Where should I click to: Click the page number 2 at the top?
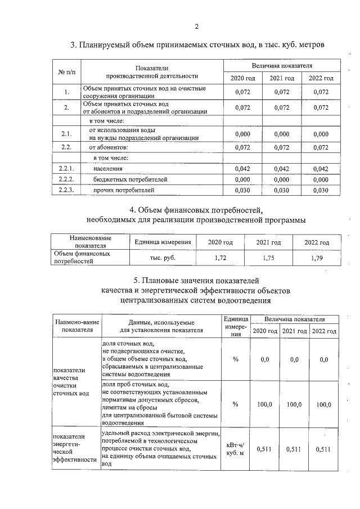(x=197, y=26)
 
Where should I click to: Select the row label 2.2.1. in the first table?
(x=66, y=168)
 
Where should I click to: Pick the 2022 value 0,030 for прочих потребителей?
(x=320, y=190)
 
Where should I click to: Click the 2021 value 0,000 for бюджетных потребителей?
(x=282, y=179)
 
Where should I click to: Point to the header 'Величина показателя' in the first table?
(x=282, y=66)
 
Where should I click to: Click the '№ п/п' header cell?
(x=66, y=72)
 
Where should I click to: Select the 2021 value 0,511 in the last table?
(x=295, y=449)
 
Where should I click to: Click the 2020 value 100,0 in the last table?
(x=265, y=404)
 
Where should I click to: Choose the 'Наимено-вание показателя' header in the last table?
(x=76, y=326)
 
